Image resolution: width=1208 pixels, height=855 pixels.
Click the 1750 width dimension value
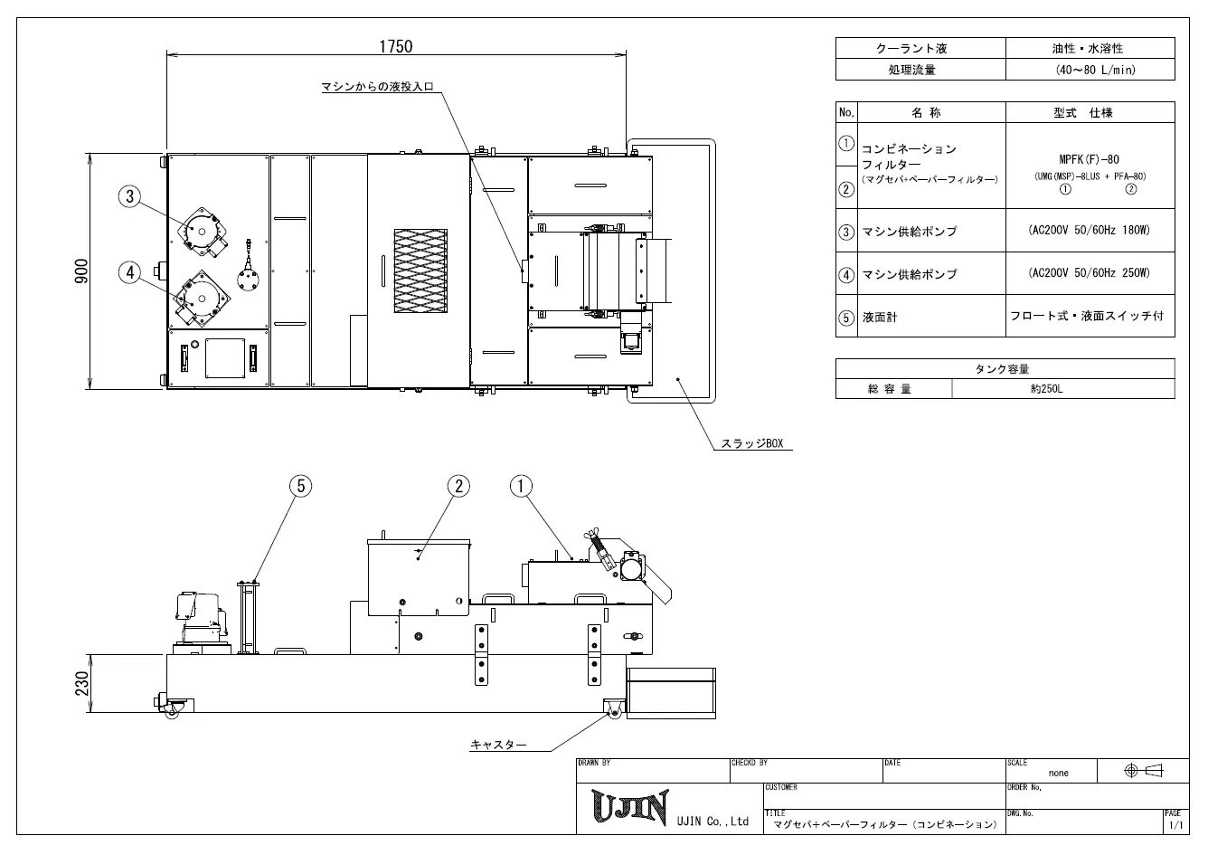396,46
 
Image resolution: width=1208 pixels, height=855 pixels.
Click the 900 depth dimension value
81,271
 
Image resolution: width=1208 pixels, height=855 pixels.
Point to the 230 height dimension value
81,683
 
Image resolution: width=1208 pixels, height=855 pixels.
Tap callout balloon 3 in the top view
129,196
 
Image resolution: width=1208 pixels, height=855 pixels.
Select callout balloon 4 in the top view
129,272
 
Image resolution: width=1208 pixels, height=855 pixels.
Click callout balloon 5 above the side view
301,486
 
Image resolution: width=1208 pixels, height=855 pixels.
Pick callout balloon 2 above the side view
458,486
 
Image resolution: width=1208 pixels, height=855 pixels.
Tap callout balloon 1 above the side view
521,486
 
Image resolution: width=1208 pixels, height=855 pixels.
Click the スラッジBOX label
752,443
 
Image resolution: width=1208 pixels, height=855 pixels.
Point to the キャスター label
498,745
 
